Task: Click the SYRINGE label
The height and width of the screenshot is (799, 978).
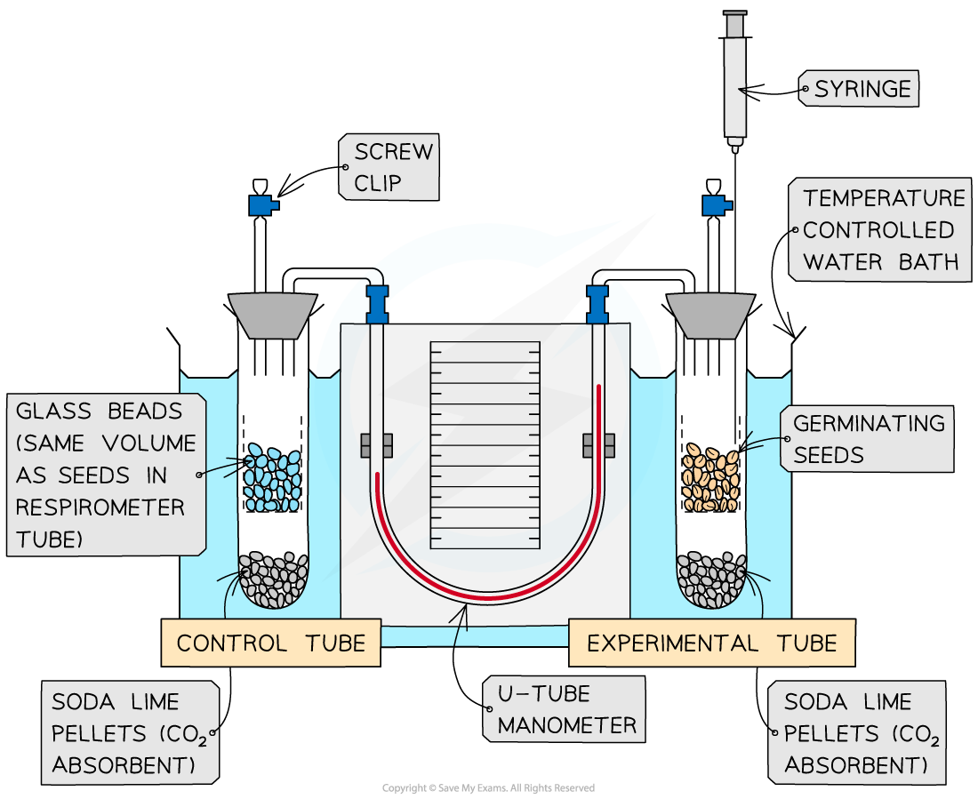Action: (x=861, y=89)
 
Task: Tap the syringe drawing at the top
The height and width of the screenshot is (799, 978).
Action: (x=733, y=80)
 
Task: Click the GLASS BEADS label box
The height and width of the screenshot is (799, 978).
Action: (x=107, y=475)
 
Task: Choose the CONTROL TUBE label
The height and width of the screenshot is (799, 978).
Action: (x=270, y=643)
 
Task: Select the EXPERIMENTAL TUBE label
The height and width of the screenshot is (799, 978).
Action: (x=711, y=643)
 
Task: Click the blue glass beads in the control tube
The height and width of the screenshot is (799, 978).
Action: (x=272, y=477)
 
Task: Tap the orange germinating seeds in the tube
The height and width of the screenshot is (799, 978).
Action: (x=710, y=477)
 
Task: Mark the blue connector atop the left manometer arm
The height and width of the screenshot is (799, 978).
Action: (x=378, y=301)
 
